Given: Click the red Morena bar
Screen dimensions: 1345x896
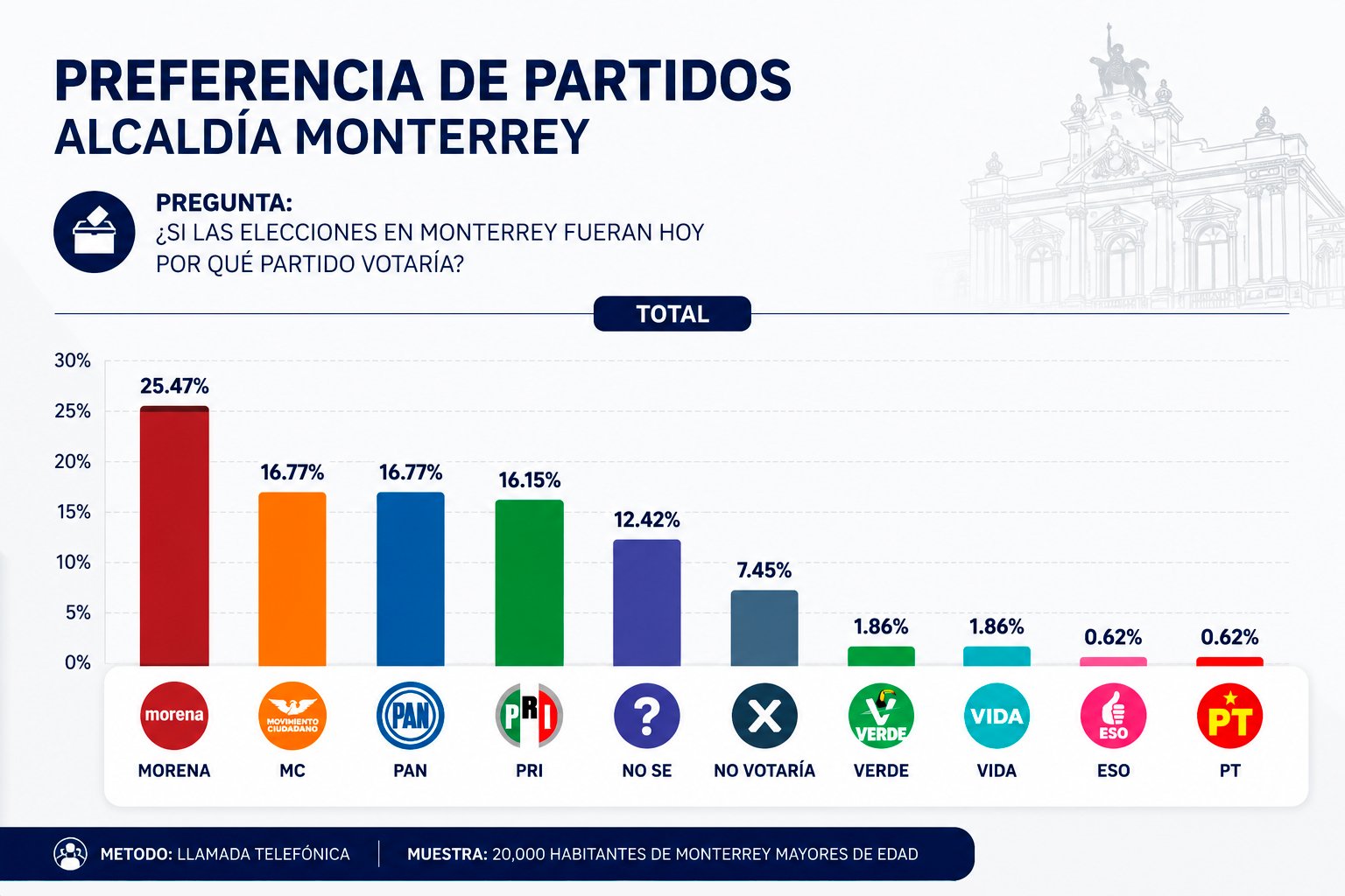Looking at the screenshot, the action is (x=174, y=535).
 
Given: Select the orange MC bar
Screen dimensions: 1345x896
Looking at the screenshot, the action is (x=292, y=579).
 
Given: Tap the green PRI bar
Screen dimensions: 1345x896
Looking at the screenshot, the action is (x=529, y=583).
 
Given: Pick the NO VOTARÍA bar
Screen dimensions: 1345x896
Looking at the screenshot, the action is (x=764, y=628).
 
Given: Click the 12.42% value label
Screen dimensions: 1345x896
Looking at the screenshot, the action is (x=647, y=520).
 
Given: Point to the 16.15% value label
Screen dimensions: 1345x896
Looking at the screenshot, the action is (x=529, y=480).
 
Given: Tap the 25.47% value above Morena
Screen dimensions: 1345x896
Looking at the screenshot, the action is (x=174, y=386).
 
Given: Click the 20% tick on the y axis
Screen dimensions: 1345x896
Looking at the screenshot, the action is (x=73, y=461).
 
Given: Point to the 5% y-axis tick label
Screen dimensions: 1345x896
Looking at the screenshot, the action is (x=78, y=612).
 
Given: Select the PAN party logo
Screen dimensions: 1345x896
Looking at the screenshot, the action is (x=410, y=716).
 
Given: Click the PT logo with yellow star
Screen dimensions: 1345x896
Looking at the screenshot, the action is (x=1229, y=716).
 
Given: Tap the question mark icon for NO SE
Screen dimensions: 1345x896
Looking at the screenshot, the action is (x=647, y=716).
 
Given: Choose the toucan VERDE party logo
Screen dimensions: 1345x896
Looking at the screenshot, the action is (x=881, y=716).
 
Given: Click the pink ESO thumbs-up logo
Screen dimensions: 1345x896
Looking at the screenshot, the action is (x=1113, y=716).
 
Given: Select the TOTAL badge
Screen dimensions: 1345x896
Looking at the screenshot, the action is (x=672, y=314).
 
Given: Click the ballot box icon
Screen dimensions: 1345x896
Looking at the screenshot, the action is (x=95, y=232).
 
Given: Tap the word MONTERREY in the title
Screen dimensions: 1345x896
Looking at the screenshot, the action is (x=441, y=136).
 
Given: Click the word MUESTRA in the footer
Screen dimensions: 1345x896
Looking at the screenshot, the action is (x=447, y=854).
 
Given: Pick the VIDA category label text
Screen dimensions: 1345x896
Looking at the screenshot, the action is (x=996, y=771).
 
